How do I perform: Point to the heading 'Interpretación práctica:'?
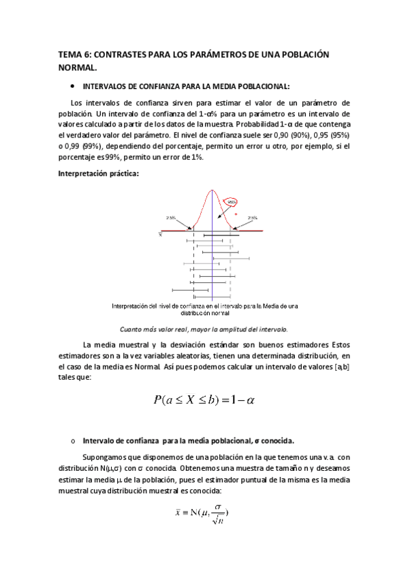coord(98,174)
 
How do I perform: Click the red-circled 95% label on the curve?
coord(232,201)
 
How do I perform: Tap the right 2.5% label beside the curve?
coord(252,218)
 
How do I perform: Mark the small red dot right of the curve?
coord(236,214)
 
